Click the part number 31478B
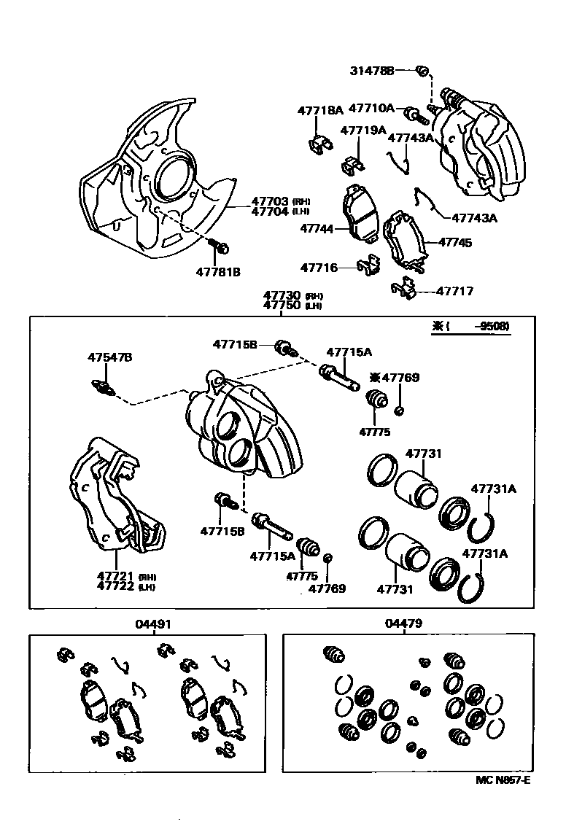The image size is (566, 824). coord(371,71)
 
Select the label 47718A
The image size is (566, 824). coord(319,111)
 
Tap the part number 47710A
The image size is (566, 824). coord(371,108)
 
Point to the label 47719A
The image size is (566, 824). coord(363,131)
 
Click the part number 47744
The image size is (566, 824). coord(317,229)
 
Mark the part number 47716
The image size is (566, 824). coord(319,268)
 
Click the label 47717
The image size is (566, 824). coord(455,291)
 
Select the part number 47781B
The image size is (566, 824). coord(218,272)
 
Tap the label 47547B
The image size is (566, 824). coord(110,358)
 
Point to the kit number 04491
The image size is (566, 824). coord(154,624)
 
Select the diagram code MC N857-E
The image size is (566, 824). coord(503,780)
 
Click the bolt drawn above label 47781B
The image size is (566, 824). coord(219,246)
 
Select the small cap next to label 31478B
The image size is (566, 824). coord(421,71)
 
